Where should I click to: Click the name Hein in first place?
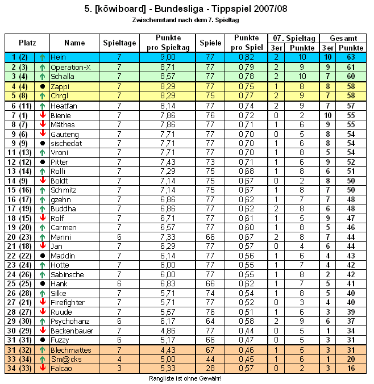click(58, 57)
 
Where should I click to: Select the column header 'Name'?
click(74, 43)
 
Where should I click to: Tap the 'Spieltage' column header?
click(119, 43)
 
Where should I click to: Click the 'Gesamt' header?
click(343, 38)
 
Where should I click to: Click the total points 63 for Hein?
click(351, 57)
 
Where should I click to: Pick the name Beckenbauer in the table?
click(71, 331)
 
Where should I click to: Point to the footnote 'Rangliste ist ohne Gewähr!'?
click(185, 378)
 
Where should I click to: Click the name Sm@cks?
click(63, 359)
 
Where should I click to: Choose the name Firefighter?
click(67, 302)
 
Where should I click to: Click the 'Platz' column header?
click(27, 43)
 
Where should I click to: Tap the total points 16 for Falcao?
click(351, 369)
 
